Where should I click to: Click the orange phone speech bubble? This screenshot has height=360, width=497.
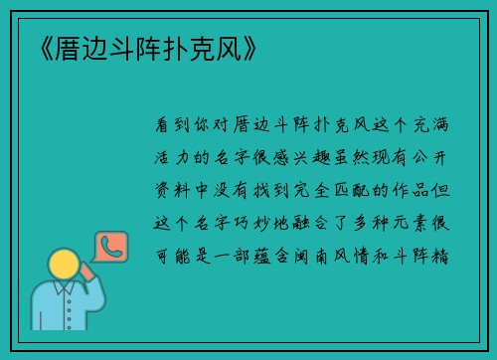click(108, 248)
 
